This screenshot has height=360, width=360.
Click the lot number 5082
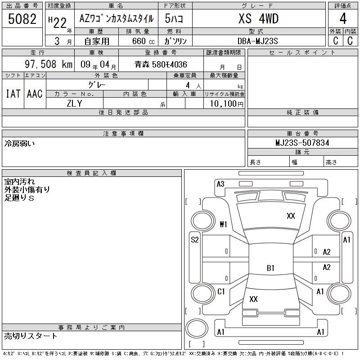coord(22,19)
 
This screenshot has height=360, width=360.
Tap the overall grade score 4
coord(343,18)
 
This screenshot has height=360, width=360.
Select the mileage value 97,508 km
coord(49,64)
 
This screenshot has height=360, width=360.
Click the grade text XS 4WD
coord(258,18)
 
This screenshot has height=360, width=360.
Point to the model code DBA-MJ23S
coord(257,41)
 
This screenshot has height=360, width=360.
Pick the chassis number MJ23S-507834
coord(302,143)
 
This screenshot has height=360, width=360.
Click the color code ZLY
coord(74,103)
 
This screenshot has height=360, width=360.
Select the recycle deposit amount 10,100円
coord(226,104)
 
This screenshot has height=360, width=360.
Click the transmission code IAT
coord(13,94)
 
